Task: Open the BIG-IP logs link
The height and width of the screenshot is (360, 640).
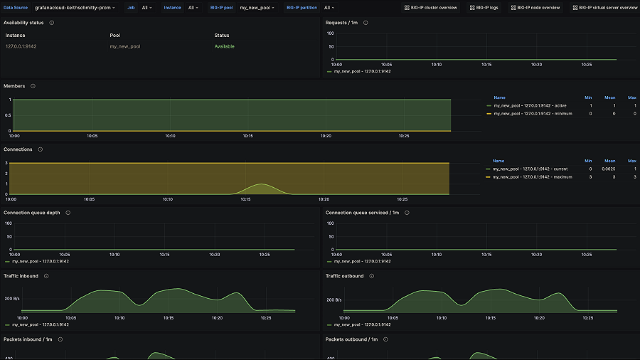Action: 486,8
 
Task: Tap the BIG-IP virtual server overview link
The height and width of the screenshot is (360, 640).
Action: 604,8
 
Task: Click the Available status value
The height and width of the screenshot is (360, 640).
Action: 224,46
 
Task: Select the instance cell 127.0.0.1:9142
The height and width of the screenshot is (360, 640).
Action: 21,46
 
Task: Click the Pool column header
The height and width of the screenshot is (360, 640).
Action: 115,35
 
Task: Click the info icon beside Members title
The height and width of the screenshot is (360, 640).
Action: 33,86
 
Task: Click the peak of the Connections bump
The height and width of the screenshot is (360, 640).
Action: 261,184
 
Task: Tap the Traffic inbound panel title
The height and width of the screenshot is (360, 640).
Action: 21,276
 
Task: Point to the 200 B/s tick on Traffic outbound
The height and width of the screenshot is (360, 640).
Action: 334,300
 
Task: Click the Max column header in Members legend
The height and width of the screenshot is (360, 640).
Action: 631,97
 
